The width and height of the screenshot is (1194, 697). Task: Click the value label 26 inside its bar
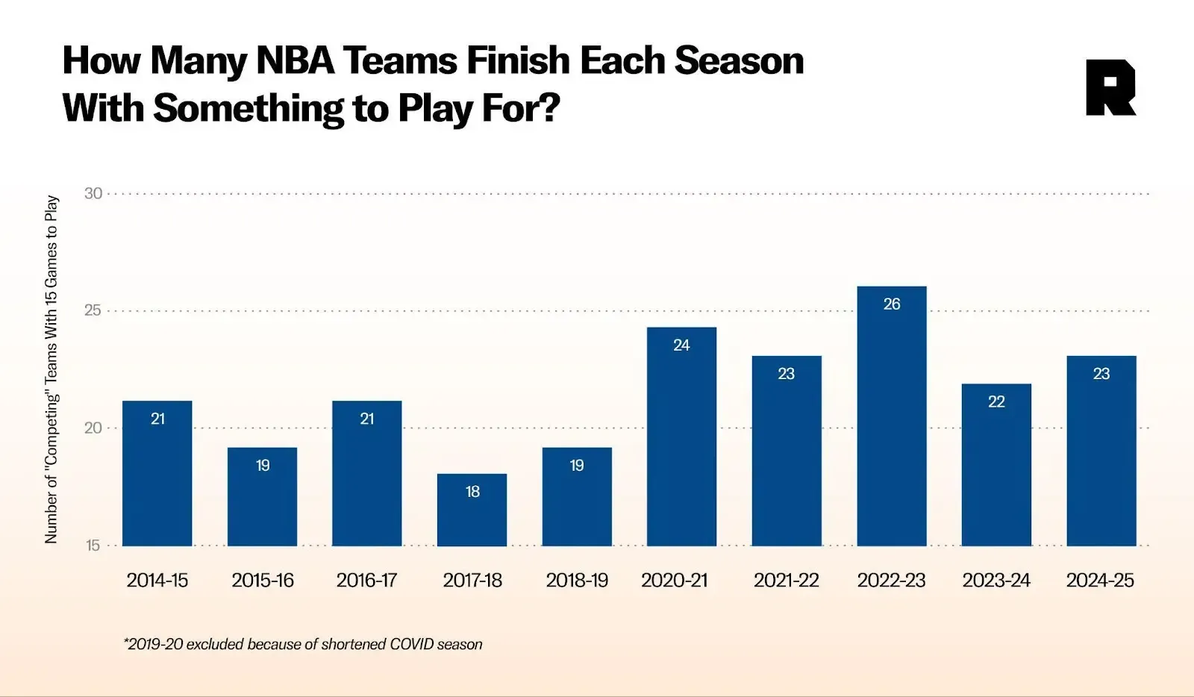(891, 304)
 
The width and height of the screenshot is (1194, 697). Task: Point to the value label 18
(472, 492)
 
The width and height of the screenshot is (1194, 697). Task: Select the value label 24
(681, 346)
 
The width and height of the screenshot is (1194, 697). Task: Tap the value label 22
(996, 402)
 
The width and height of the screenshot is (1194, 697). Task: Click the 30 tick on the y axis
(93, 194)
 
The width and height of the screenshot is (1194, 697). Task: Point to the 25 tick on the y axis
(93, 310)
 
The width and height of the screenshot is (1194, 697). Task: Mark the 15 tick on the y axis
(93, 546)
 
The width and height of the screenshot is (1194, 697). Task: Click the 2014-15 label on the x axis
(157, 581)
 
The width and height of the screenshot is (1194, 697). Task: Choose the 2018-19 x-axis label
(577, 581)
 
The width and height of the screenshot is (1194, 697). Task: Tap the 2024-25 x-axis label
(1100, 581)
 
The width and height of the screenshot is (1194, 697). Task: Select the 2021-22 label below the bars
(786, 581)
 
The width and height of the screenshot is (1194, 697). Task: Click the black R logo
(1110, 88)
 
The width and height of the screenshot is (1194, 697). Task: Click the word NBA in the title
(296, 61)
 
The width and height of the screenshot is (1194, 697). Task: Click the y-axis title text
(51, 369)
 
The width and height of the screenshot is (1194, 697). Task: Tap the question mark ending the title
(549, 108)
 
